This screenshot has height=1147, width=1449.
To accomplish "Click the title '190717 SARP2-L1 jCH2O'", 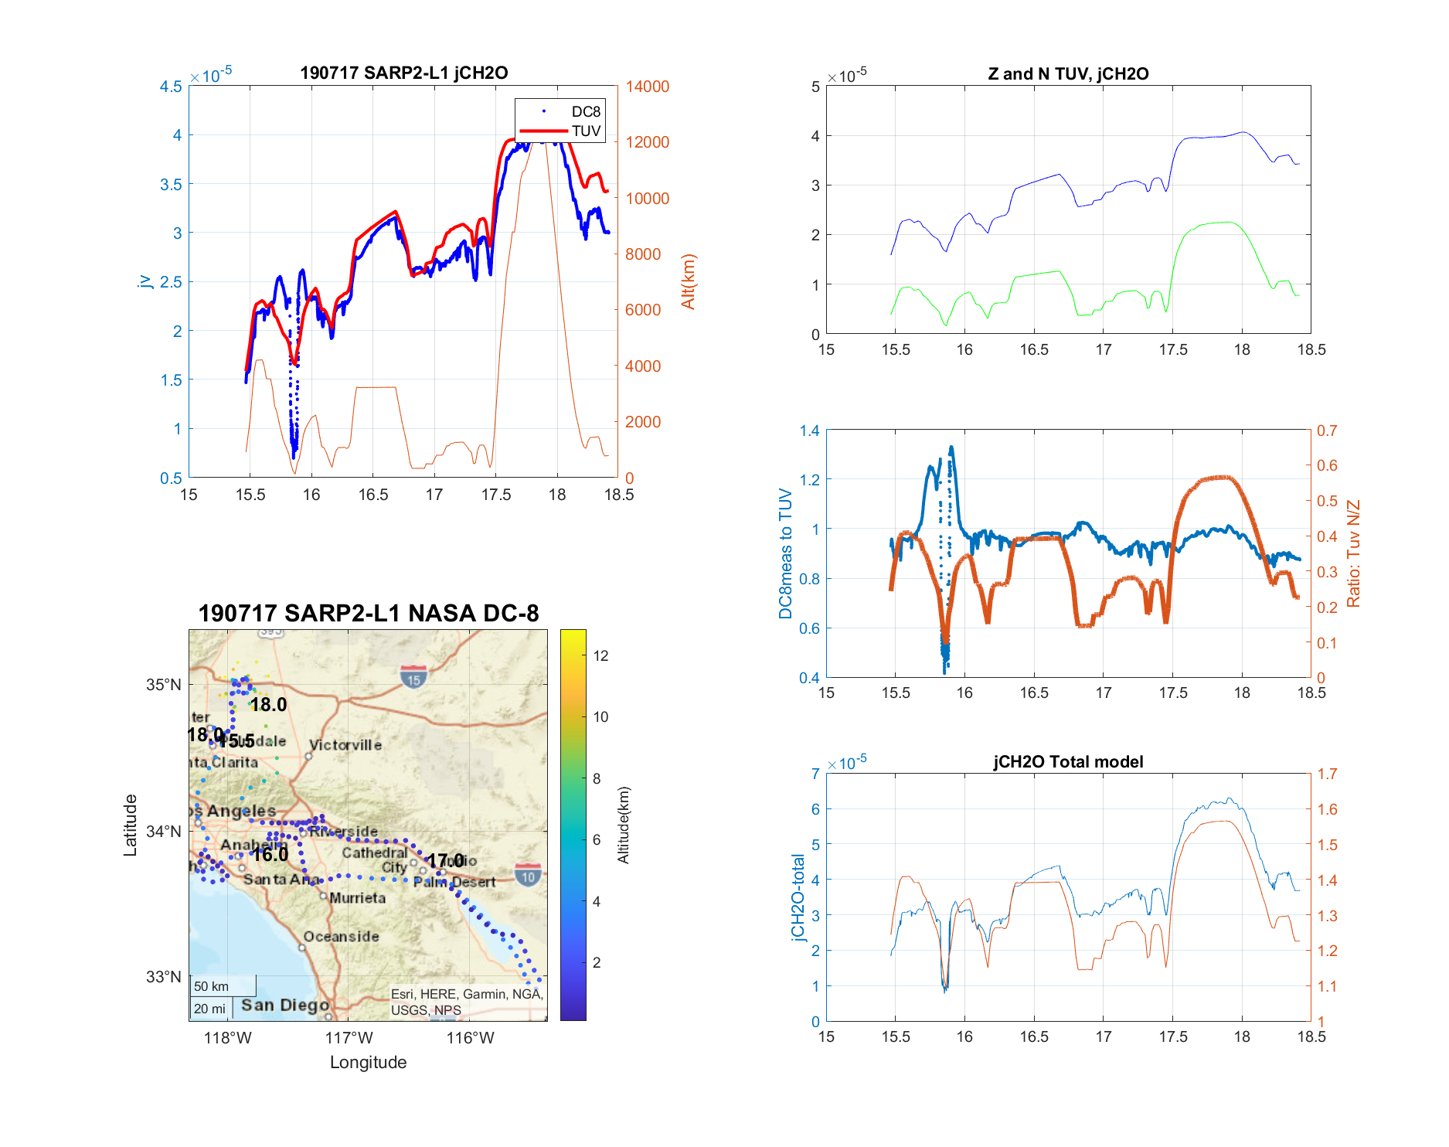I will coord(403,73).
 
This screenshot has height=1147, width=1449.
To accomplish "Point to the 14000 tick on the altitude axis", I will coord(647,87).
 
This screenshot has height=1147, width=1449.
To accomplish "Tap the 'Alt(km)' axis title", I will coord(689,281).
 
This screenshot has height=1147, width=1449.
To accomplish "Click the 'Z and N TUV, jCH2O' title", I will coord(1068,73).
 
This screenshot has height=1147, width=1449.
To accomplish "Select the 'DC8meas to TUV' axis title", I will coord(786,553).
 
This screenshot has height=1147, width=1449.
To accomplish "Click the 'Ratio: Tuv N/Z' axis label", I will coord(1353,553).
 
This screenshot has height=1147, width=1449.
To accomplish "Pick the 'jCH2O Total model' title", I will coord(1068,761).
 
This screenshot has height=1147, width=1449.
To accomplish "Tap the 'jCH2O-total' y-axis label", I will coord(798,897).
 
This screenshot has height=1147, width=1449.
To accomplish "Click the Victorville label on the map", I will coord(345,745).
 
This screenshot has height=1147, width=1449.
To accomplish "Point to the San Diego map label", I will coord(285,1005).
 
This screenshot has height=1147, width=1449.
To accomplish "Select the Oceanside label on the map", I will coord(341,937).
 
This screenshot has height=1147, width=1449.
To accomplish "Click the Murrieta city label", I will coord(357,898).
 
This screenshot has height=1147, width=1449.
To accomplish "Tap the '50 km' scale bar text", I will coord(211,986).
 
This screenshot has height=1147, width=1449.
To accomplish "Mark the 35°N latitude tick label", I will coord(164,685).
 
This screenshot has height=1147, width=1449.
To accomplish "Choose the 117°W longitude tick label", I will coord(349,1038).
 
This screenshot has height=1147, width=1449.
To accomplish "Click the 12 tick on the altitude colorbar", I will coord(600,655).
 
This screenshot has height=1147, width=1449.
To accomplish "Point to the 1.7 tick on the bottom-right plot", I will coord(1327,774).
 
